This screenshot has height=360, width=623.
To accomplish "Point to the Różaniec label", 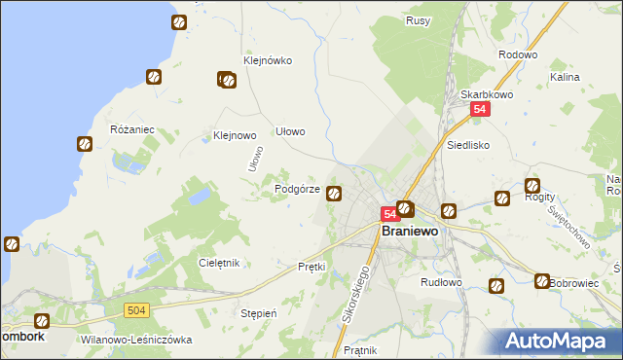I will click(132, 129).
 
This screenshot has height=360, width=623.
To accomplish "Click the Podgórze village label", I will click(298, 190).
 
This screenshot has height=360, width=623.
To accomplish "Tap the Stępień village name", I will click(259, 314).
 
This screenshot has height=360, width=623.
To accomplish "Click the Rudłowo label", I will click(441, 282).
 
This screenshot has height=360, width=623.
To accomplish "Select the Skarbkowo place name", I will click(487, 94).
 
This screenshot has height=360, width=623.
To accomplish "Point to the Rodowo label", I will click(518, 55).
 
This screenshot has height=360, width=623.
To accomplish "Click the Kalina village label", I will click(565, 77).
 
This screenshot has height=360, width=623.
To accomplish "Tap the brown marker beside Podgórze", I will click(335, 194).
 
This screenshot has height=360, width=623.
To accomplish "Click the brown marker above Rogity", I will click(532, 186).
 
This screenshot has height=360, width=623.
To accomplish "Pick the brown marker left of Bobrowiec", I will click(542, 281).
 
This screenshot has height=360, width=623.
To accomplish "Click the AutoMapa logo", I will click(560, 341).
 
